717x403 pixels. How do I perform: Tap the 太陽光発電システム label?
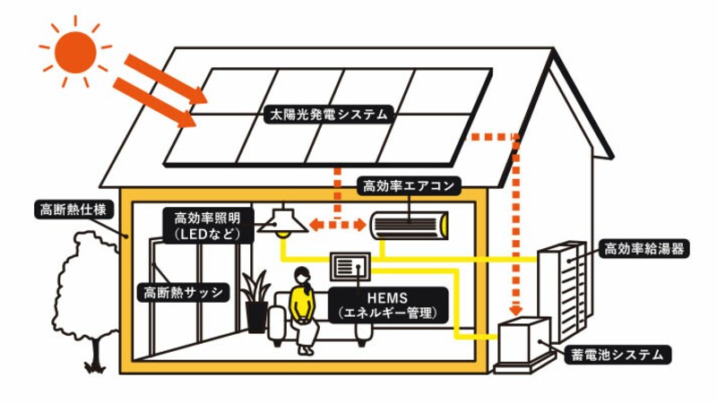(329, 115)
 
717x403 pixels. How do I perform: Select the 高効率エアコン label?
(409, 185)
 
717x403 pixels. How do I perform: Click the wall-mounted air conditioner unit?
(408, 222)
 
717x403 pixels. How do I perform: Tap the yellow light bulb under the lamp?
(283, 236)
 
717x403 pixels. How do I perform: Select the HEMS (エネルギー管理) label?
(387, 304)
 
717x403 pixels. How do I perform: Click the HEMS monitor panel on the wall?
(350, 266)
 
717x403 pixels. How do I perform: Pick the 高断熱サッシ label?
(183, 293)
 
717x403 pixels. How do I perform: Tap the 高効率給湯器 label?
(643, 249)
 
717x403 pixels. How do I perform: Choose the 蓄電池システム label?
(618, 355)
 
